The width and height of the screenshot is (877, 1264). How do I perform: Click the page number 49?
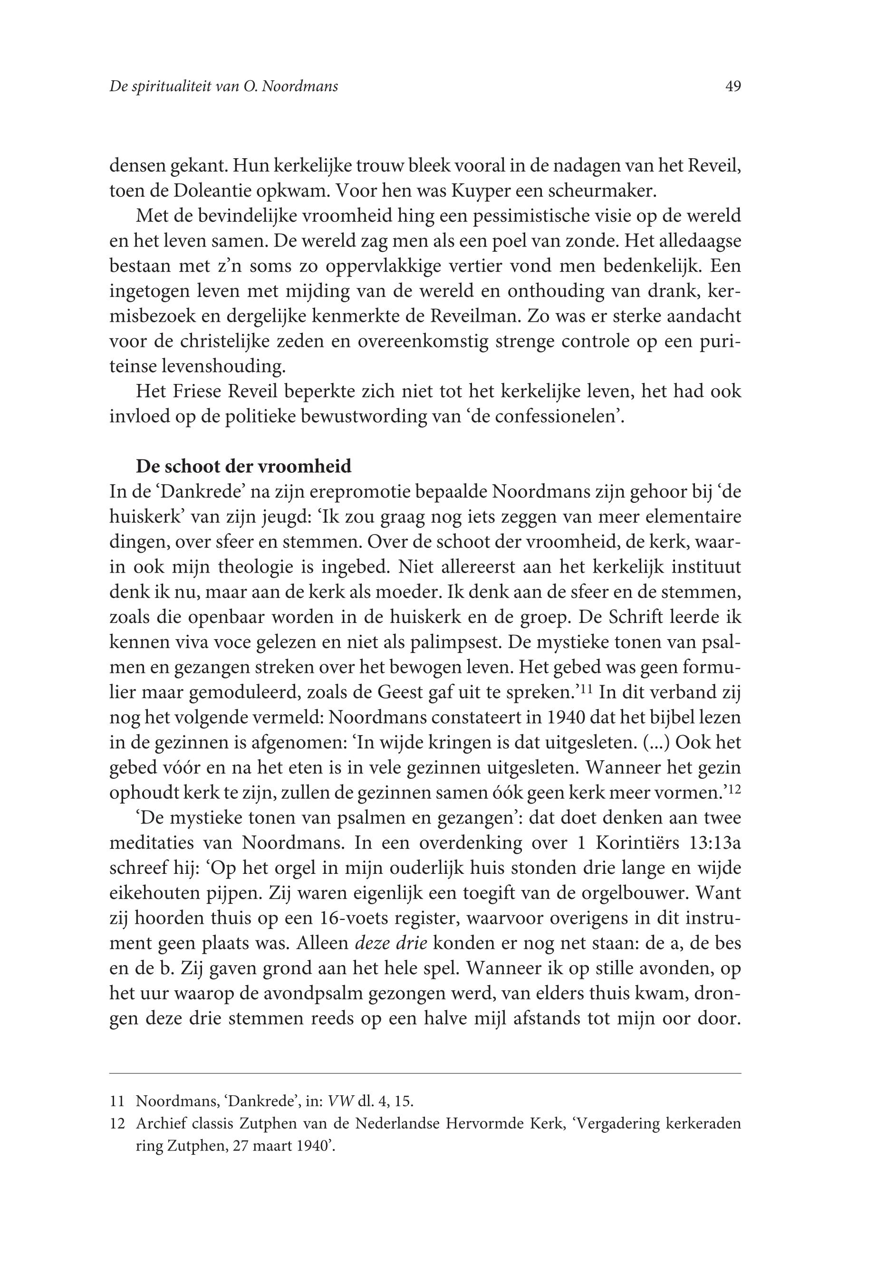click(x=732, y=86)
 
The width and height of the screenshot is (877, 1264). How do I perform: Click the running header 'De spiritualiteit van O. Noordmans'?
click(x=223, y=86)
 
